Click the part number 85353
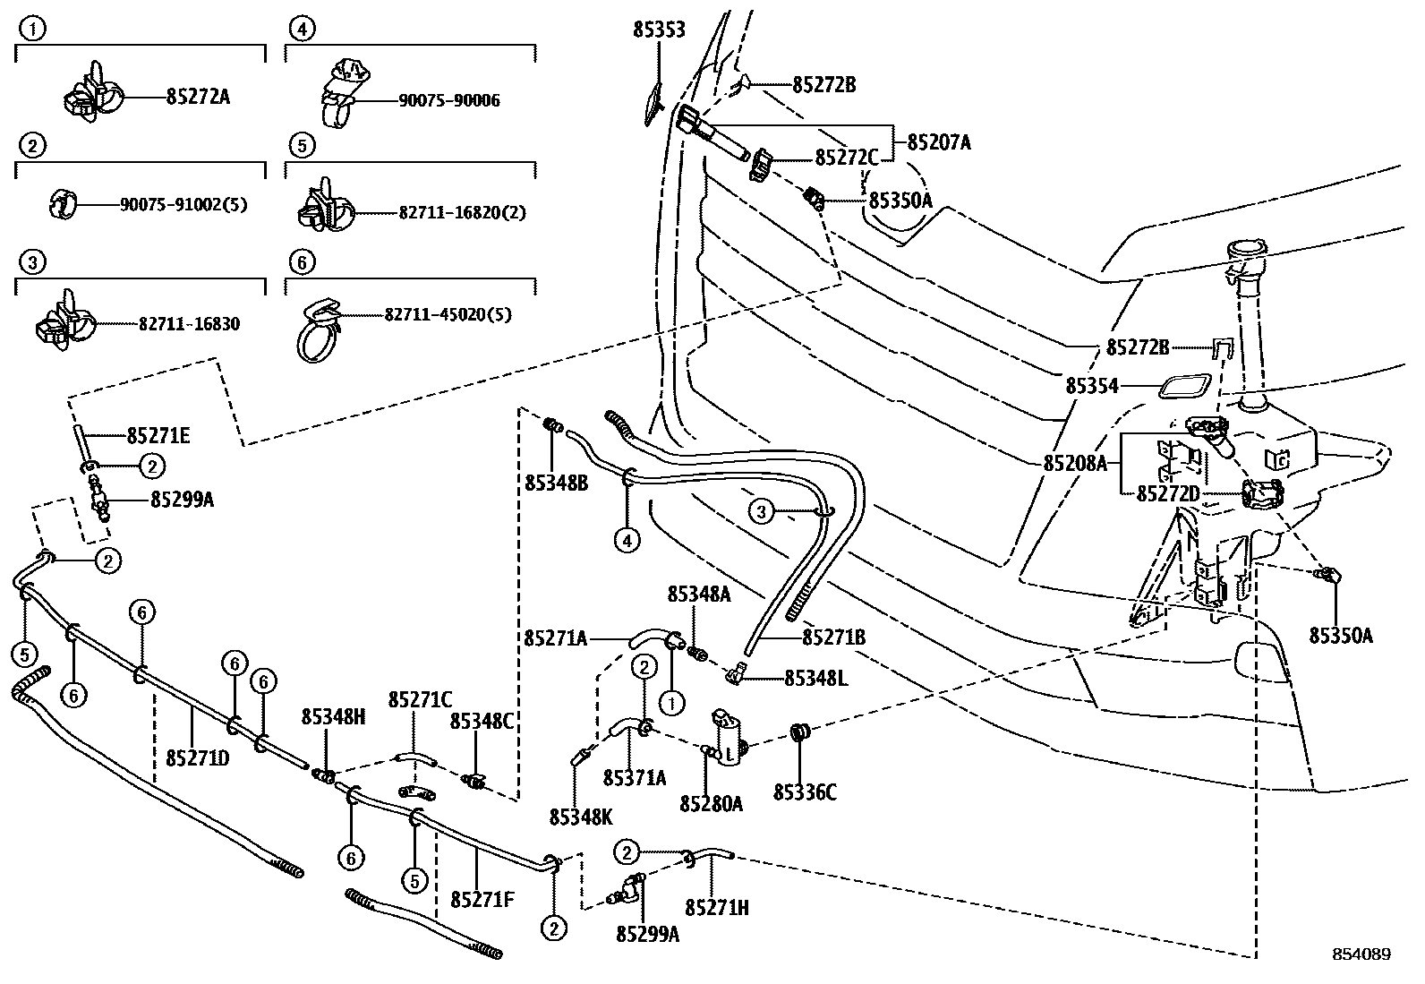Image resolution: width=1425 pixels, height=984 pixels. (659, 30)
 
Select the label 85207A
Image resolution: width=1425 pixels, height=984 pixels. (939, 141)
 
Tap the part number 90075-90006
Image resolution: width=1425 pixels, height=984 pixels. (449, 101)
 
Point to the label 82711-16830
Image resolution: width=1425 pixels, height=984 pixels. (189, 324)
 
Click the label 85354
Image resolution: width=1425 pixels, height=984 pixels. (1092, 386)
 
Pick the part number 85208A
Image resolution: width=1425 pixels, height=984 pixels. (1075, 463)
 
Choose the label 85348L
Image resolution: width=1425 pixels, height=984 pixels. (815, 678)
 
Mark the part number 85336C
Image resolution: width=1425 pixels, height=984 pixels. (805, 792)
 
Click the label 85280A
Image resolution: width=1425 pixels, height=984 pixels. (711, 803)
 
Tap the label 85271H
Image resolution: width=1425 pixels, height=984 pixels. (717, 907)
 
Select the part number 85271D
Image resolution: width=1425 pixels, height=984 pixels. (198, 757)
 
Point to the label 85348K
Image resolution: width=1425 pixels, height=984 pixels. (581, 817)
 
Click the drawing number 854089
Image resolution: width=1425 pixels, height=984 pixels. (1361, 954)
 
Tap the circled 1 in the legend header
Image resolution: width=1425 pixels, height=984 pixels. (32, 30)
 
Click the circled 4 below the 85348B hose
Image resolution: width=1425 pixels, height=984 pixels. (627, 540)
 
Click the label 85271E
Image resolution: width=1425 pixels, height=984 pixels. (158, 436)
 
